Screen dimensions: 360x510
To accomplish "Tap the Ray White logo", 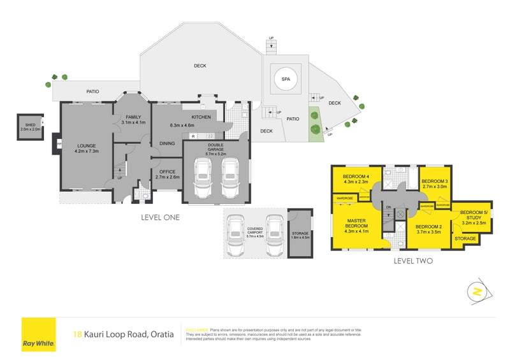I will (39, 335).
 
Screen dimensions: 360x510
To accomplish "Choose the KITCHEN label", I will (201, 117).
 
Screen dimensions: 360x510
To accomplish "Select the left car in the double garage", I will (203, 178).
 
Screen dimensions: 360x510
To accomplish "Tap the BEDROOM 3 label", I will (435, 180).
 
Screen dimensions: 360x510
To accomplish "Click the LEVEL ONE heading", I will (160, 217).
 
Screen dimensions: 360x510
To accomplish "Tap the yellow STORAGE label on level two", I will (465, 238).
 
